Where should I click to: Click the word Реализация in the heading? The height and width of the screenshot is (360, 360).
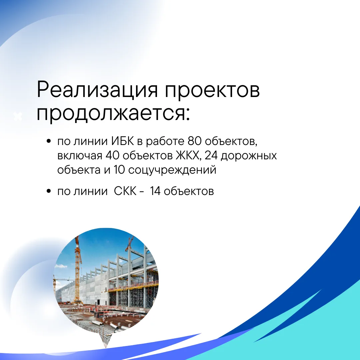pyautogui.click(x=97, y=90)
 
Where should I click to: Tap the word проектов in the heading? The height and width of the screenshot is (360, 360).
pyautogui.click(x=212, y=91)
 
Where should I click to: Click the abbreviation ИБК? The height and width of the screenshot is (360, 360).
pyautogui.click(x=122, y=141)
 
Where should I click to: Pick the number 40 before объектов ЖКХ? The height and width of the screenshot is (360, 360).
pyautogui.click(x=113, y=155)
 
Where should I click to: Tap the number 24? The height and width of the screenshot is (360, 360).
pyautogui.click(x=211, y=155)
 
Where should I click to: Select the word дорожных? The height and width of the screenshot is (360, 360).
pyautogui.click(x=249, y=156)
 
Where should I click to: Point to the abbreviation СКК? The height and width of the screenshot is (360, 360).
pyautogui.click(x=125, y=191)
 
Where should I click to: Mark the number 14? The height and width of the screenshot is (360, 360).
pyautogui.click(x=155, y=191)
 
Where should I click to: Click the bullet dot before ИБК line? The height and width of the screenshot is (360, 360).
pyautogui.click(x=48, y=141)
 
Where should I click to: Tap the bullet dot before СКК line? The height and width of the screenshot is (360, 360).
pyautogui.click(x=48, y=191)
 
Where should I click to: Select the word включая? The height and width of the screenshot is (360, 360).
pyautogui.click(x=80, y=156)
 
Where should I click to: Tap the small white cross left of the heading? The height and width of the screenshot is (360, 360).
pyautogui.click(x=18, y=117)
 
